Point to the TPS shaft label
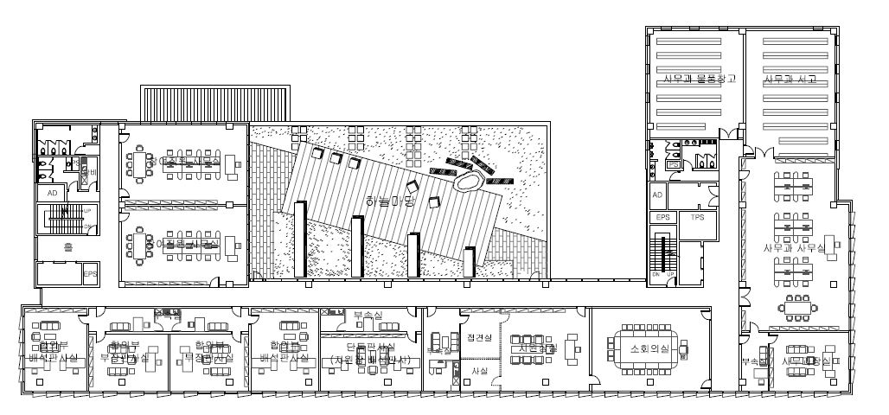pos(696,218)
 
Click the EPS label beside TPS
pos(662,218)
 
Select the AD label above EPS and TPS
pos(657,195)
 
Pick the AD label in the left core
pos(51,193)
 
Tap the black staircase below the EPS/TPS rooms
pos(665,253)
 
